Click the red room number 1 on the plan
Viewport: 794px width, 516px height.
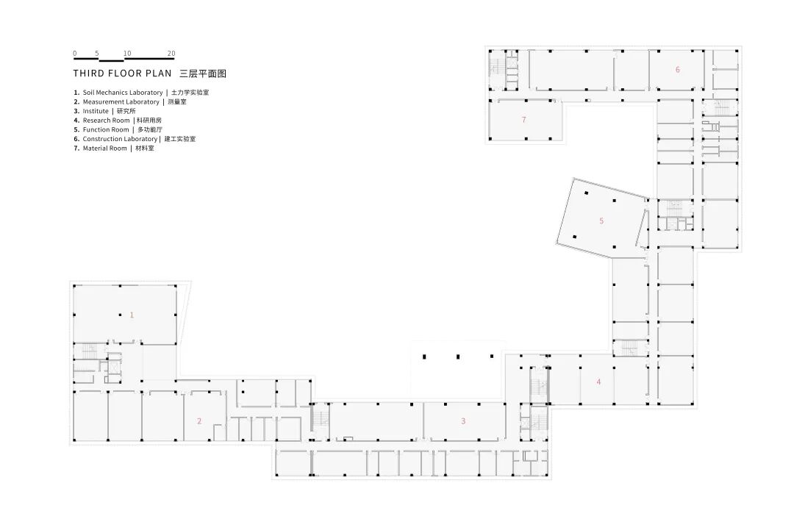[132, 315]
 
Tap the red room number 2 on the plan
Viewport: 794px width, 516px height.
[198, 421]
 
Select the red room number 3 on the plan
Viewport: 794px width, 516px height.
[463, 421]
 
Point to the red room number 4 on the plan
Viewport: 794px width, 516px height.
[598, 381]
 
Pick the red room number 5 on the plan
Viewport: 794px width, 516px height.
[601, 221]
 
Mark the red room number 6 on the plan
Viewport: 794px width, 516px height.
[677, 70]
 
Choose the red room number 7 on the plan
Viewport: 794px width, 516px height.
[523, 119]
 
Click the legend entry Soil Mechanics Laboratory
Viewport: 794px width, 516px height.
[122, 93]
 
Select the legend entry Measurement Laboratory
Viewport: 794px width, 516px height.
[121, 101]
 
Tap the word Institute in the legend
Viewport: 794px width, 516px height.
[96, 111]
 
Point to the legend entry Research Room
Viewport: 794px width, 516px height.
[106, 120]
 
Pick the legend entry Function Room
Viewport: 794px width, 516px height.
[106, 129]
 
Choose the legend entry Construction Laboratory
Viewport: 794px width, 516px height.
[120, 139]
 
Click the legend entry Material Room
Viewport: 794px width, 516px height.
[104, 148]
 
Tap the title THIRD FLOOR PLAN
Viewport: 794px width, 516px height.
[122, 74]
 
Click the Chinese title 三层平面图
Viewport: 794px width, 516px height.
[201, 74]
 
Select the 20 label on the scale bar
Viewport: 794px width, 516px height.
[171, 54]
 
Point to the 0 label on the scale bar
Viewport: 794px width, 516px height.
[74, 54]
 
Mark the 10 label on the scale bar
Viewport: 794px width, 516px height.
[127, 54]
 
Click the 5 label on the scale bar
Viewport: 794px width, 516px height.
[97, 54]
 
